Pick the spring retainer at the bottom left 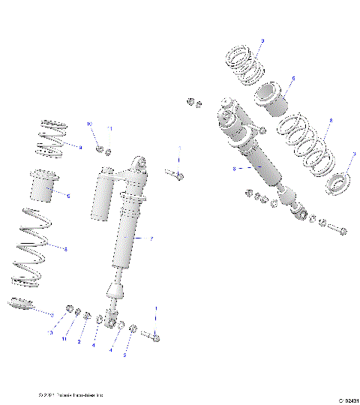tap(22, 306)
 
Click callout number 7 tap(151, 239)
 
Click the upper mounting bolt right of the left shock tap(175, 175)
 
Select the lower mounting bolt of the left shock tap(154, 337)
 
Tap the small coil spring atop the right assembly tap(244, 63)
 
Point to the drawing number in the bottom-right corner tap(343, 400)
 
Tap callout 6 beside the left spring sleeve tap(68, 196)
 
